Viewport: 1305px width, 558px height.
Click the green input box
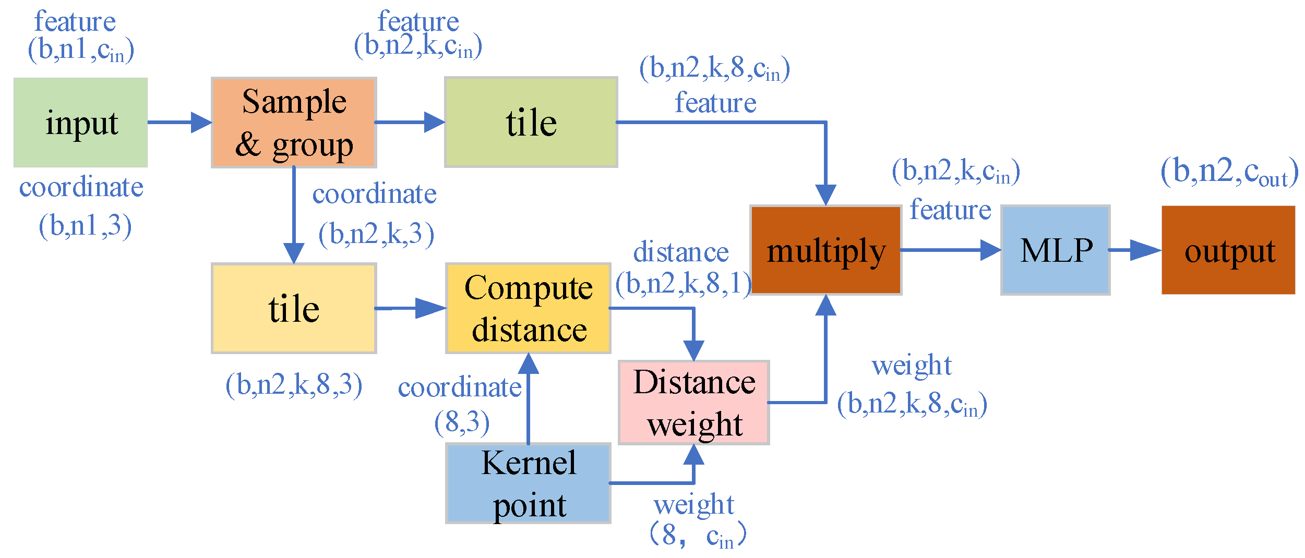(80, 123)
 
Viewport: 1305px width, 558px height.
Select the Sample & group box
(294, 123)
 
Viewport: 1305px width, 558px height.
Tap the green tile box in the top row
(531, 123)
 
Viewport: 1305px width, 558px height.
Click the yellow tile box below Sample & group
(294, 308)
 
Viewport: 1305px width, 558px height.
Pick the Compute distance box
(528, 308)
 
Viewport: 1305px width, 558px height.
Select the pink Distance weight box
(693, 403)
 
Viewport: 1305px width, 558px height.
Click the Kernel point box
(528, 483)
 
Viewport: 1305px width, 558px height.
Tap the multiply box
(826, 250)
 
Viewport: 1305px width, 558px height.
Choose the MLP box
(1055, 250)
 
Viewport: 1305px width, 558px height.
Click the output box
(1228, 250)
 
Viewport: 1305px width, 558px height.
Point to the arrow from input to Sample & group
(180, 123)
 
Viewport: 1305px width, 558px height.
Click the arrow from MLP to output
(1135, 250)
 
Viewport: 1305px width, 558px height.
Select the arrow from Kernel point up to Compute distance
(528, 399)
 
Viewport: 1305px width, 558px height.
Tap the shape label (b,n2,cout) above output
(1229, 172)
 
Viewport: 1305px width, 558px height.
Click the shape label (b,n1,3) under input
(85, 226)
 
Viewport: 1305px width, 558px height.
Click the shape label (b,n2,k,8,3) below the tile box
(294, 385)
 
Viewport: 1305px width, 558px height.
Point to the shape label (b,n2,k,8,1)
(683, 284)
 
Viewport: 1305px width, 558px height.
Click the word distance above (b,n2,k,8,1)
(680, 253)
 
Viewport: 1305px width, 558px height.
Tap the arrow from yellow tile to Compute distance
(410, 308)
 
